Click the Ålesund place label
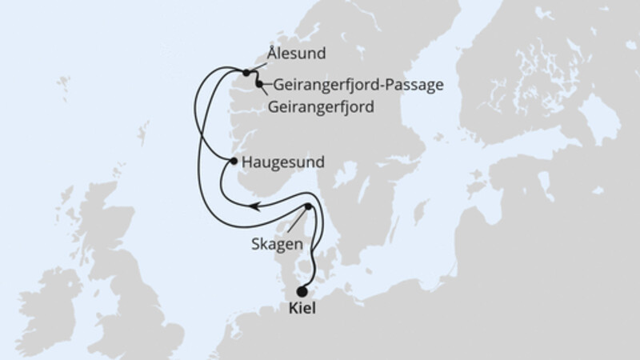tap(296, 54)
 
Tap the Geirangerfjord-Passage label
tap(358, 85)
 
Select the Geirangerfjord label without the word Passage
tap(322, 106)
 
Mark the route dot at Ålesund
tap(246, 72)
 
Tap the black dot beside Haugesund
tap(233, 162)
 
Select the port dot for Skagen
tap(308, 206)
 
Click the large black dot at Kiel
tap(302, 291)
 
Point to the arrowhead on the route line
tap(253, 206)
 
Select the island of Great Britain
tap(120, 272)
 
